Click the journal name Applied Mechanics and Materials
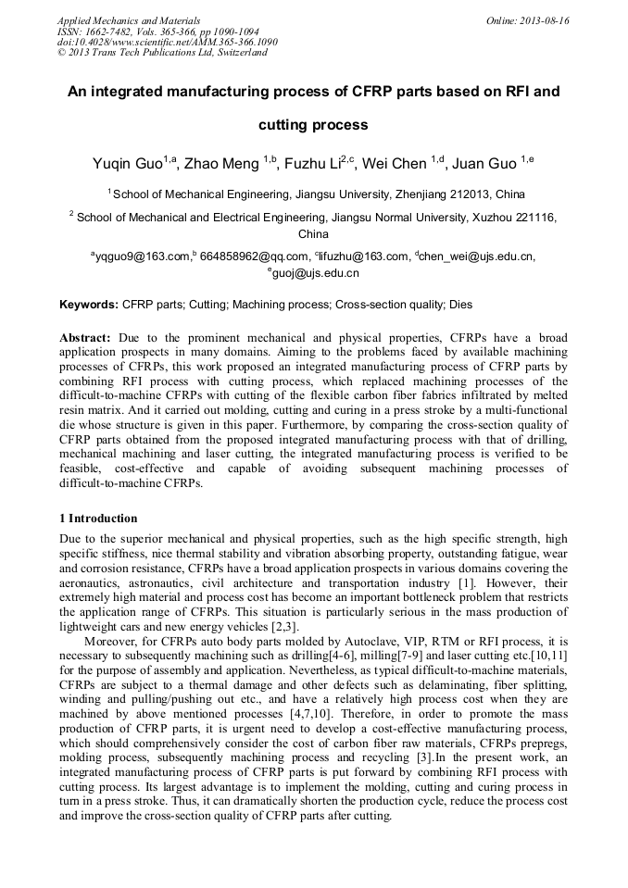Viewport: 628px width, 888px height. (129, 20)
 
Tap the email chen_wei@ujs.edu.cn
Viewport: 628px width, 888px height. (477, 256)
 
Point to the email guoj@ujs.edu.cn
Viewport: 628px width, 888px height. (315, 273)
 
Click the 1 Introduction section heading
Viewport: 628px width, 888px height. (97, 518)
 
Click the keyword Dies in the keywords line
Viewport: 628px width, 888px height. (462, 304)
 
